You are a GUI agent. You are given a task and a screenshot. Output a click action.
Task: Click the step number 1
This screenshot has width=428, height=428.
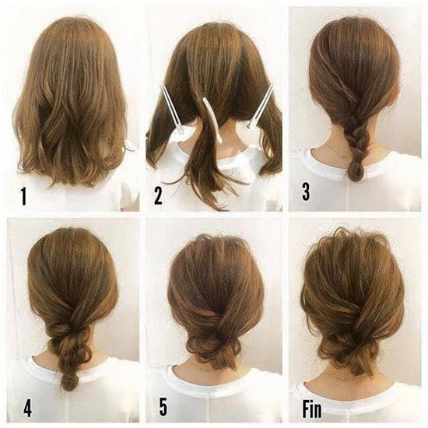click(23, 196)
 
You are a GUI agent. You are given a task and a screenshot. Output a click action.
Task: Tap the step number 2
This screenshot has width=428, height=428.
click(158, 195)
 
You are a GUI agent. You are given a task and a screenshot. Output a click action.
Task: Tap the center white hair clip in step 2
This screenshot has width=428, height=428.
click(210, 120)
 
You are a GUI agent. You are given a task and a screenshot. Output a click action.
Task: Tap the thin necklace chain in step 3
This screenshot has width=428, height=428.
click(336, 148)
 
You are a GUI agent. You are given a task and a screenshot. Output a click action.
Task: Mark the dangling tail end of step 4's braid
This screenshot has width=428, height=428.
click(70, 381)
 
